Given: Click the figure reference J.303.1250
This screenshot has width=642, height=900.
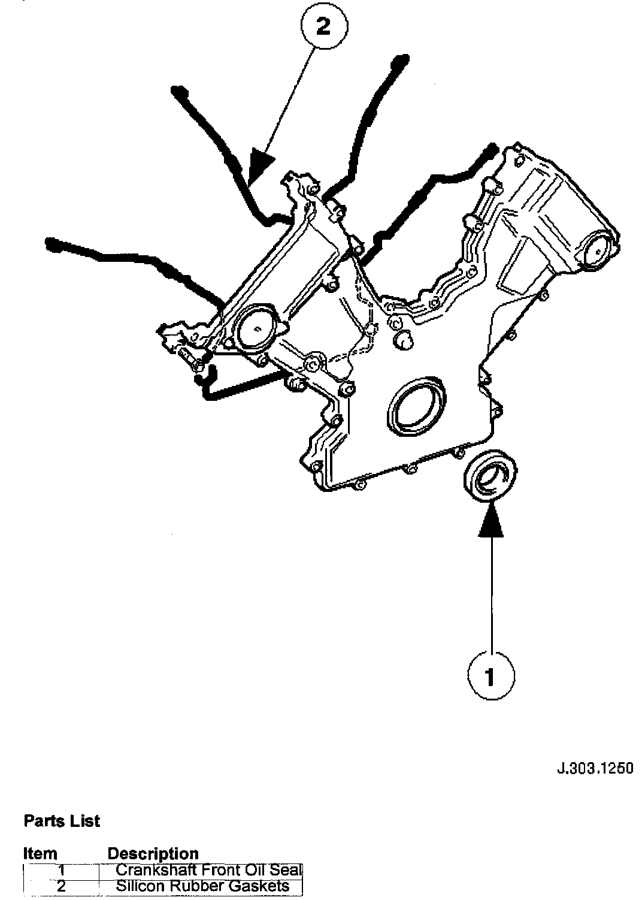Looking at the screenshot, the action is (x=594, y=768).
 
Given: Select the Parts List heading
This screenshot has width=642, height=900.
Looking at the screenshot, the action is (x=62, y=821).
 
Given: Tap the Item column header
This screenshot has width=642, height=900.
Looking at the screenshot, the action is (x=40, y=853).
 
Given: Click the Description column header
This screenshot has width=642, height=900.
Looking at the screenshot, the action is (x=153, y=853).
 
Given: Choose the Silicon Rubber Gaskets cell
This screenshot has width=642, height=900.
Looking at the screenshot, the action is (x=202, y=886).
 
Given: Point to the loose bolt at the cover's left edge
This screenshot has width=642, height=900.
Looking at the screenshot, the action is (x=187, y=360).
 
